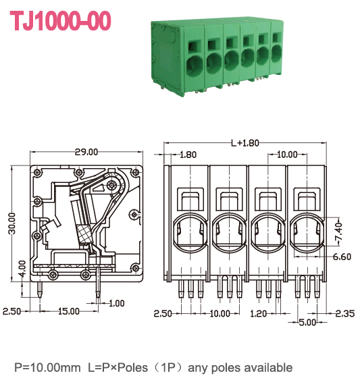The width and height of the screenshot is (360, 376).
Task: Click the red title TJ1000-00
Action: click(61, 21)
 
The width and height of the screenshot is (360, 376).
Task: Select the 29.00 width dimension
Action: click(87, 153)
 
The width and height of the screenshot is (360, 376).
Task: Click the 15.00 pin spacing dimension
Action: click(68, 311)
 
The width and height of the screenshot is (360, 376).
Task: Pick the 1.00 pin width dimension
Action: click(116, 302)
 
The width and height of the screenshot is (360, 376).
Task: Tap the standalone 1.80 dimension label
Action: click(188, 155)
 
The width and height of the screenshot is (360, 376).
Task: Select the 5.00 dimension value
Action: click(307, 323)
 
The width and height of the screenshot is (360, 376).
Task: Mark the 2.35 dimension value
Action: click(345, 313)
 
